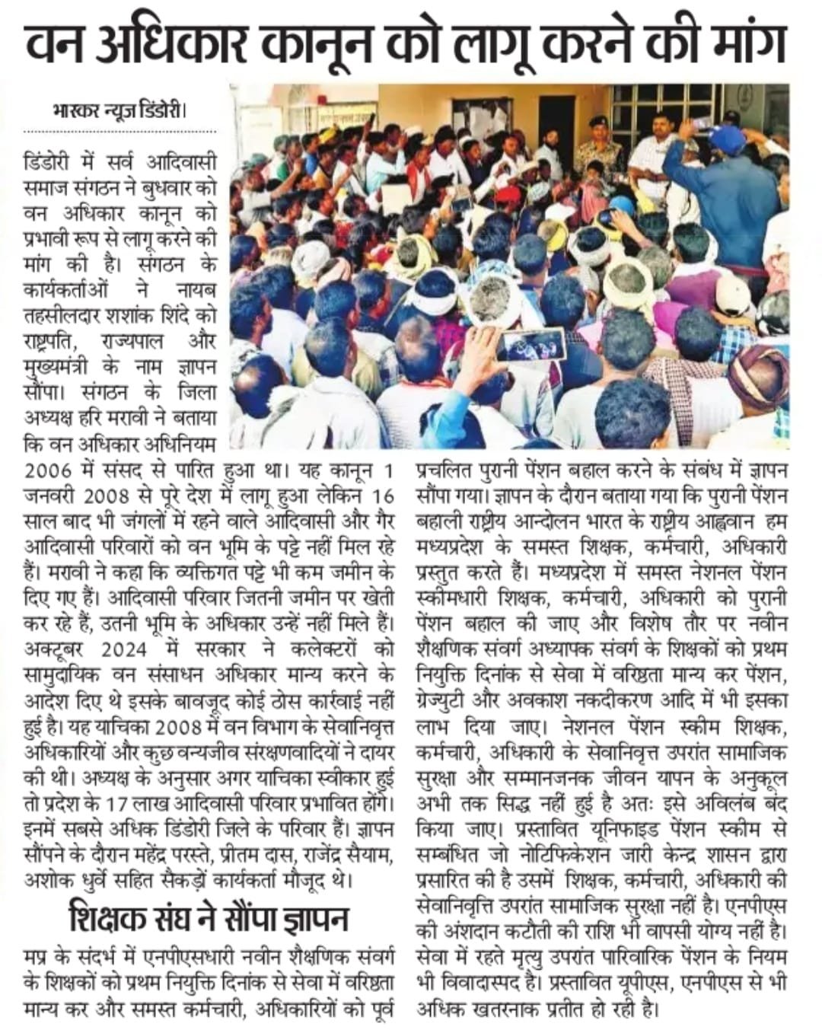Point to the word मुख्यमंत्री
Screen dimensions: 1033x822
[x=61, y=367]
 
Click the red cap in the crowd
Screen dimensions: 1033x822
[x=508, y=194]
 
